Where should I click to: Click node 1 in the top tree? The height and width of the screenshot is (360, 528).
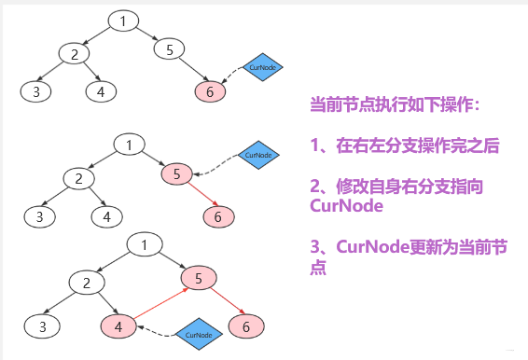tap(123, 20)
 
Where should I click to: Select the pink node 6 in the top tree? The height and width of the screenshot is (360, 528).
tap(211, 91)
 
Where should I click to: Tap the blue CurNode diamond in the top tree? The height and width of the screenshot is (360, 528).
tap(262, 67)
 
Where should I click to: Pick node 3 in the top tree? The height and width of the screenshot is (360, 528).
tap(35, 91)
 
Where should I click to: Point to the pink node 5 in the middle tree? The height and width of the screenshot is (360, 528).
tap(177, 174)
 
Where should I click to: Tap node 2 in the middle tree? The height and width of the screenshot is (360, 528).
tap(79, 177)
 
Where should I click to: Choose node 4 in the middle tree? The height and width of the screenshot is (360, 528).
tap(107, 216)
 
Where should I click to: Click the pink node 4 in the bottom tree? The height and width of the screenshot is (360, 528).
tap(118, 326)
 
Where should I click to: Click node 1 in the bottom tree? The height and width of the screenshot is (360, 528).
tap(145, 246)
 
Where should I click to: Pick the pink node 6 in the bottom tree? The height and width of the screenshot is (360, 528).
tap(246, 326)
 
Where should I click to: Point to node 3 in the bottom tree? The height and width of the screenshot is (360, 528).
tap(42, 326)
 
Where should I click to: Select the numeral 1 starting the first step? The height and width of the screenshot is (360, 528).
tap(316, 146)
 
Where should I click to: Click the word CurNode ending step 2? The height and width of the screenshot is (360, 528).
tap(346, 206)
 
